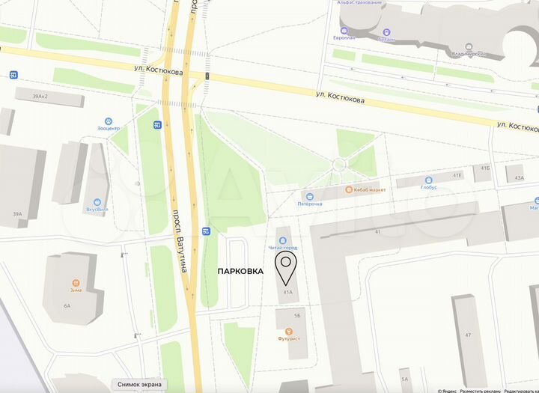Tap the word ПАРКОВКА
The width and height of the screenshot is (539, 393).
click(240, 271)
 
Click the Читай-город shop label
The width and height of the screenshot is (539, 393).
click(282, 247)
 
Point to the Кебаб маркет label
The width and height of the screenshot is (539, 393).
click(366, 190)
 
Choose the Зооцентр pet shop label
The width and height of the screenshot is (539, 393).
click(109, 129)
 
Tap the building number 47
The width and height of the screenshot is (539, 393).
click(468, 335)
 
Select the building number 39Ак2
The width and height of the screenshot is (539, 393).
click(40, 97)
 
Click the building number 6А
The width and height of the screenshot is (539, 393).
click(67, 305)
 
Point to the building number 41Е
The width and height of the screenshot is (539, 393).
click(457, 175)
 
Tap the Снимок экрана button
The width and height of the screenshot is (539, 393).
click(139, 385)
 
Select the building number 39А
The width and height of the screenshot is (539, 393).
click(17, 214)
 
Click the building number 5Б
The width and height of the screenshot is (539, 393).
click(297, 316)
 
